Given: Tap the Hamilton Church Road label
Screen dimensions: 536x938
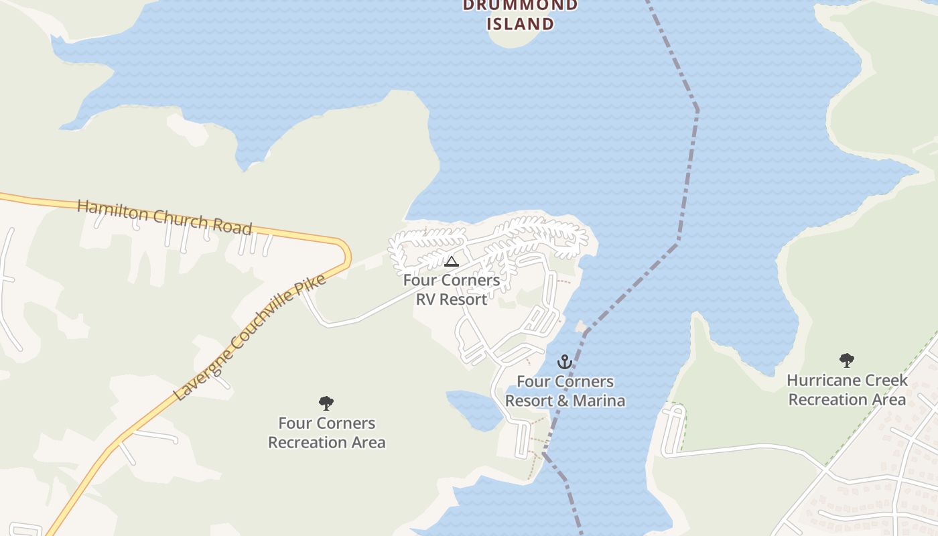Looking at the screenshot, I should [164, 216].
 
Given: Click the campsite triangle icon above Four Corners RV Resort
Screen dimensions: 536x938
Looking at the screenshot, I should [451, 261].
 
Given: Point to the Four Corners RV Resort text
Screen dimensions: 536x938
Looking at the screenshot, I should [451, 289].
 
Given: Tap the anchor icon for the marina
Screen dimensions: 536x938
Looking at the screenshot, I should [565, 362].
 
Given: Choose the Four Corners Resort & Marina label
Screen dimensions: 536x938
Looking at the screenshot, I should [565, 391].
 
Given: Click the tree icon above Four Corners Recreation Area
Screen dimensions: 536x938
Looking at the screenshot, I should [326, 403].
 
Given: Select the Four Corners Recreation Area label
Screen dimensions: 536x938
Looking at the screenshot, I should [326, 433].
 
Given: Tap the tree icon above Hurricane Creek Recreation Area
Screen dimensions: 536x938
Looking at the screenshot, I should [847, 360].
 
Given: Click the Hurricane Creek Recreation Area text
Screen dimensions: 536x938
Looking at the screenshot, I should [847, 390].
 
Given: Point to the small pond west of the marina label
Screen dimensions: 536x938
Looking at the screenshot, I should [474, 409].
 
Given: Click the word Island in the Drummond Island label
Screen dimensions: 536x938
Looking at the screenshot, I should [521, 24].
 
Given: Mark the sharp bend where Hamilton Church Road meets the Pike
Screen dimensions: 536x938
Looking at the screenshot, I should [345, 251].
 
